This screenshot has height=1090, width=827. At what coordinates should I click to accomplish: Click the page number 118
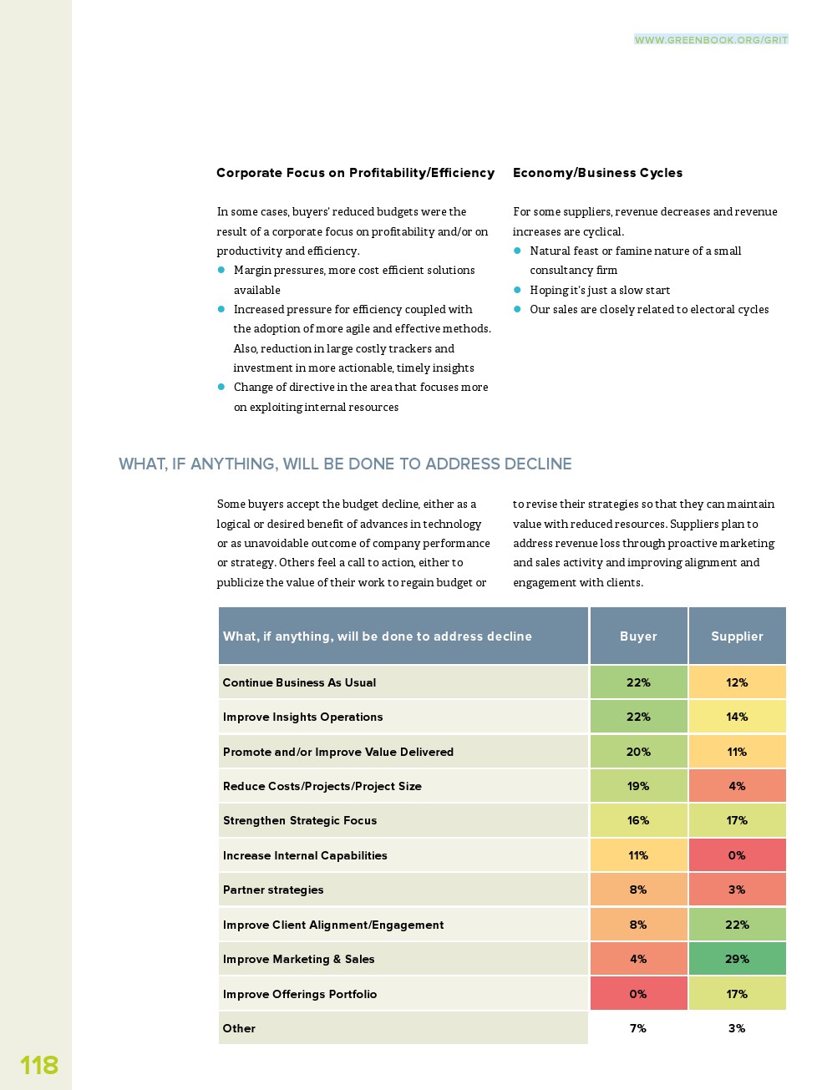39,1065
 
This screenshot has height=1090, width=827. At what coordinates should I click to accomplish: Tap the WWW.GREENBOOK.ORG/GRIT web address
711,39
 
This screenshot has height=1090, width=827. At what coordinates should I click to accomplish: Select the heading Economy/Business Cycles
597,173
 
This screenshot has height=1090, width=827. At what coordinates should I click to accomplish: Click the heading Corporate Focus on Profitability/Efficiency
355,173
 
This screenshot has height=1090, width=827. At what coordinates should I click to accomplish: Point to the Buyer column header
638,636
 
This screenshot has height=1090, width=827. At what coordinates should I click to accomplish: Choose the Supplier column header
737,636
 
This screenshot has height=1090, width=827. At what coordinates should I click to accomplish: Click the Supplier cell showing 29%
737,959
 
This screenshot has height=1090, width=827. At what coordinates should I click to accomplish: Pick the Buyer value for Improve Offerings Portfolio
638,994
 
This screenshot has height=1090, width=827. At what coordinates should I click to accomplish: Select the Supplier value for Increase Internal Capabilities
737,855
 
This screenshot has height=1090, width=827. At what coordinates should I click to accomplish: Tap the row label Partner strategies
273,890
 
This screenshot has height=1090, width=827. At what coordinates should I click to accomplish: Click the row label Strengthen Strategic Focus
300,820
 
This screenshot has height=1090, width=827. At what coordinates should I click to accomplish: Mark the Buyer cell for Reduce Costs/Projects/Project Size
638,786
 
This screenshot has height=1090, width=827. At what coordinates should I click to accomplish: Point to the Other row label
239,1028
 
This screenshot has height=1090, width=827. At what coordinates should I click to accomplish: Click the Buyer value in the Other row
638,1028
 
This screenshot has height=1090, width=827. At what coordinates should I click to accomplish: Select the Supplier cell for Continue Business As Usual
737,682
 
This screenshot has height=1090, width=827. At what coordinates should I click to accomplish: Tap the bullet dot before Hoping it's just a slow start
517,290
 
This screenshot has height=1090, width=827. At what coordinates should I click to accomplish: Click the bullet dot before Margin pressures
221,270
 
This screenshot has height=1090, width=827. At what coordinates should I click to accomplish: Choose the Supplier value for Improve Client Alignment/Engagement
737,925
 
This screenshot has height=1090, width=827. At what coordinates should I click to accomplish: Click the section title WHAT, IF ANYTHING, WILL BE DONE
345,464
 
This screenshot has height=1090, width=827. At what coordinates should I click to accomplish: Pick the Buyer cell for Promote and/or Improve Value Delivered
638,752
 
